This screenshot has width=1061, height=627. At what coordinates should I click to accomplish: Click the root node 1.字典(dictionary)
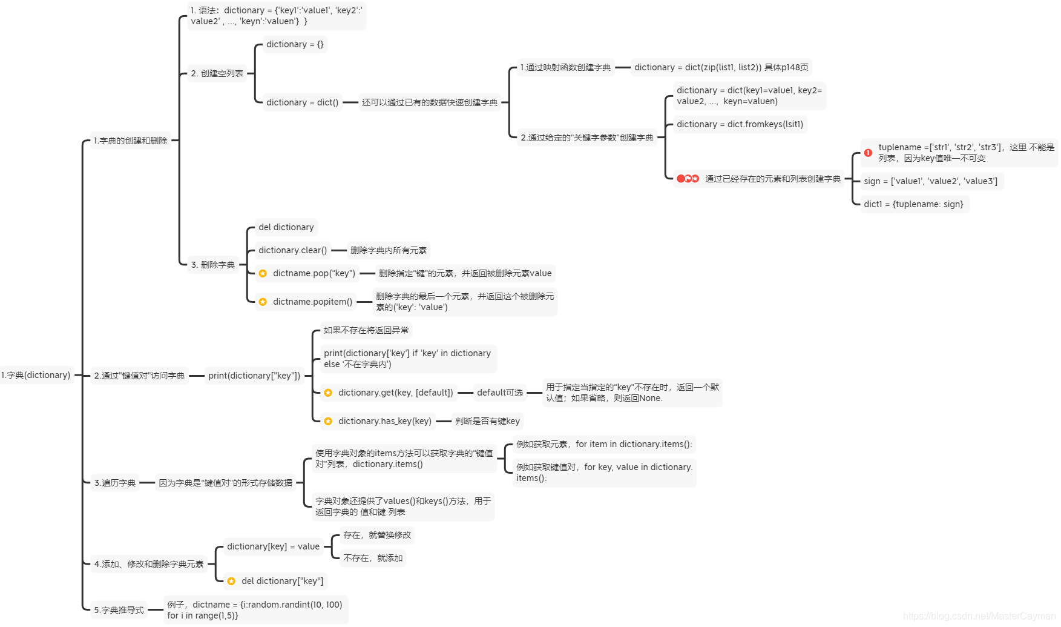pos(36,376)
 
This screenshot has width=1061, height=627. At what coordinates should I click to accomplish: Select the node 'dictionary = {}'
pos(295,44)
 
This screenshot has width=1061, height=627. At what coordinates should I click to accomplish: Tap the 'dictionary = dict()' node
pos(302,102)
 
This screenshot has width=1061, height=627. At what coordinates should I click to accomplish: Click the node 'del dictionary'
pos(286,227)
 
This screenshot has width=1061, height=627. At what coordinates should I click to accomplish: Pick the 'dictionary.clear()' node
pos(292,250)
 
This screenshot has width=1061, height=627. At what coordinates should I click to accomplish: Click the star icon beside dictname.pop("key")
pos(263,274)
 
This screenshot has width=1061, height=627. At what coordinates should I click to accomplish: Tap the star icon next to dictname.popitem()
pos(263,302)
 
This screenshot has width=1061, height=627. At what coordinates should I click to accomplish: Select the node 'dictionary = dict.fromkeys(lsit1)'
pos(740,124)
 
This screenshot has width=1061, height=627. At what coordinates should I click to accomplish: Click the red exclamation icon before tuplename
pos(868,153)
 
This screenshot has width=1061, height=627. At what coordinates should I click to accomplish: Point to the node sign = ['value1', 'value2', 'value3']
pos(930,181)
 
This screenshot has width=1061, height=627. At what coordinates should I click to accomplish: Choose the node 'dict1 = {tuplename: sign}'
pos(913,204)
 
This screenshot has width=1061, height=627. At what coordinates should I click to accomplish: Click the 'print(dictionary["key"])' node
pos(254,376)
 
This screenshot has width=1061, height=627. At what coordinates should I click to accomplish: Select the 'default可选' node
pos(499,393)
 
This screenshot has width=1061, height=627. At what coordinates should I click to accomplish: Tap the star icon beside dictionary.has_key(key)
pos(328,421)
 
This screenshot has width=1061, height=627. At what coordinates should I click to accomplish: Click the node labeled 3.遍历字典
pos(115,483)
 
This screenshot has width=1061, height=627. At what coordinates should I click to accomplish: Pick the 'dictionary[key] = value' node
pos(273,546)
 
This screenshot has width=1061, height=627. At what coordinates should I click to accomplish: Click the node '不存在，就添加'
pos(373,558)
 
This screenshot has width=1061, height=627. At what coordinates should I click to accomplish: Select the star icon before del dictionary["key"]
pos(231,582)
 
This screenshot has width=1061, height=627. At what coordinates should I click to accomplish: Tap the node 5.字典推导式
pos(119,610)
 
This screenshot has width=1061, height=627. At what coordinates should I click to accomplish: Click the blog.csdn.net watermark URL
pos(979,616)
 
